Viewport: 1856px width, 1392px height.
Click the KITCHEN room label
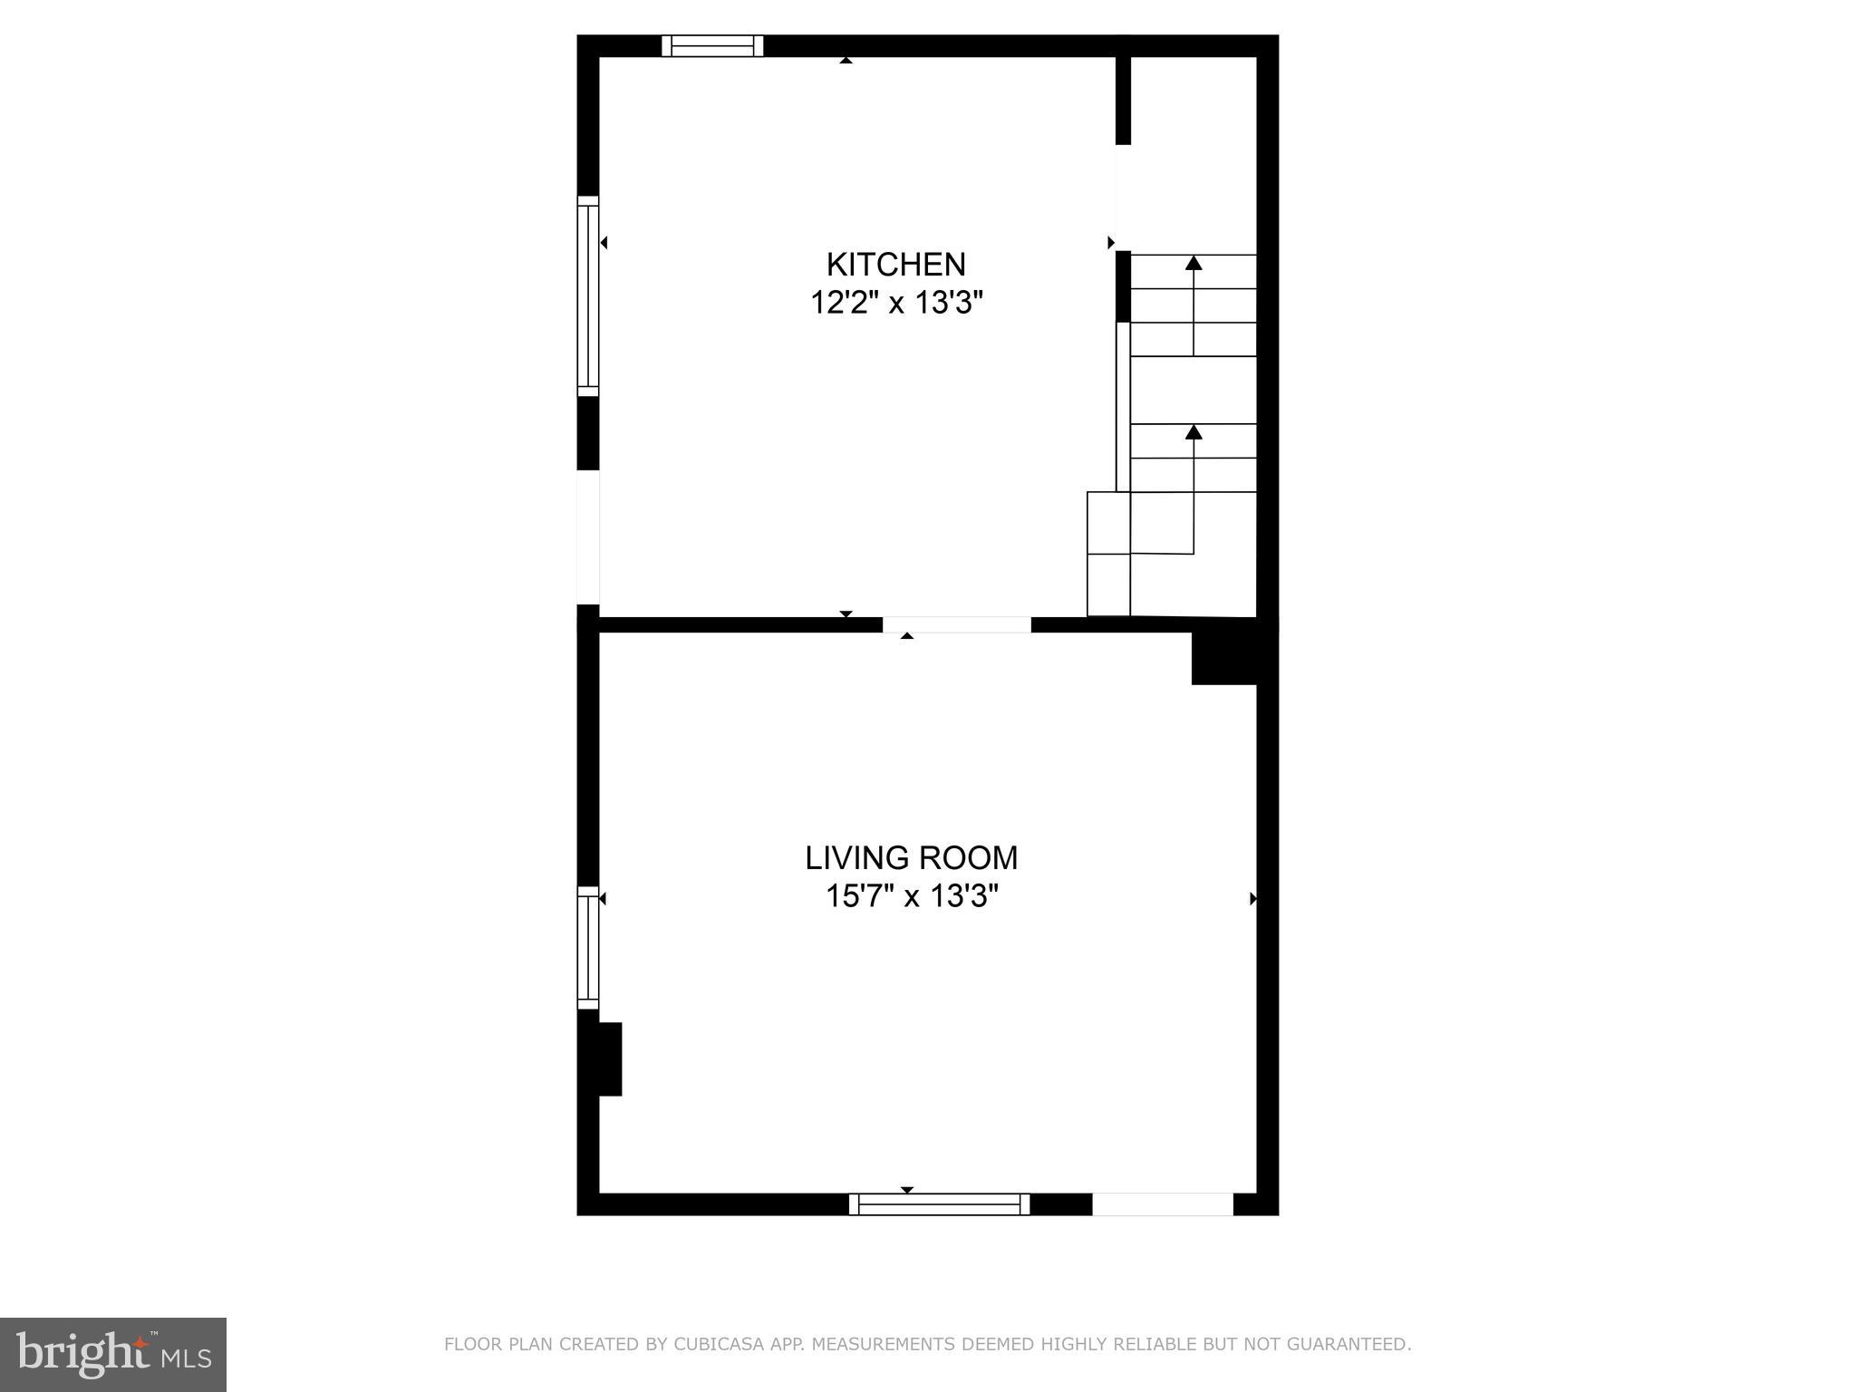(895, 265)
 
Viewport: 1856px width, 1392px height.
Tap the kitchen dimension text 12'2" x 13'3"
(895, 303)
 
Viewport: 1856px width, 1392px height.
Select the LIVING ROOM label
(911, 857)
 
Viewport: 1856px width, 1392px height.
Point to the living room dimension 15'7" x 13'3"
(911, 896)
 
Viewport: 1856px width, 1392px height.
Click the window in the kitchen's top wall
(712, 45)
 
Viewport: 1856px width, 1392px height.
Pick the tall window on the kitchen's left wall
(588, 295)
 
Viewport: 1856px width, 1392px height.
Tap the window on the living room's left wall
(588, 947)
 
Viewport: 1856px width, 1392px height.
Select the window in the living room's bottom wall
(939, 1204)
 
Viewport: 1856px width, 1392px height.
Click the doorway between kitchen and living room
(956, 624)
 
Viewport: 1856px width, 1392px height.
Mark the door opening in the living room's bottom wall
(1162, 1204)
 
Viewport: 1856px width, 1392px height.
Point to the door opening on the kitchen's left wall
(588, 536)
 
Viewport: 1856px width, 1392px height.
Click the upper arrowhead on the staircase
(1194, 263)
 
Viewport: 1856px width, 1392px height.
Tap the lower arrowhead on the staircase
(1194, 432)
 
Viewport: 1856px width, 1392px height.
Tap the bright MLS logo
(112, 1354)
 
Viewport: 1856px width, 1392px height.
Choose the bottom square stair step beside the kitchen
(1108, 585)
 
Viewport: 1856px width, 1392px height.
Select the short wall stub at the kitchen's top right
(1123, 100)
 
